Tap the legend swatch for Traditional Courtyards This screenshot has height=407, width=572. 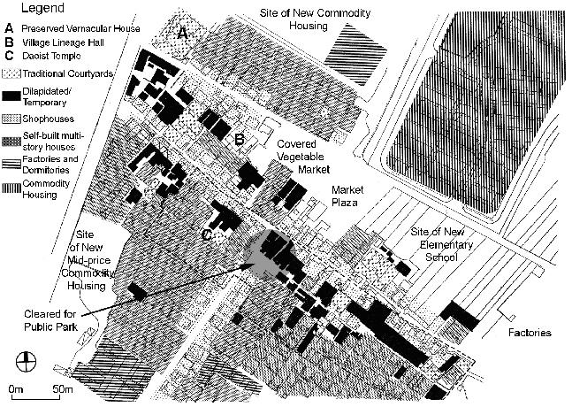[x=11, y=73]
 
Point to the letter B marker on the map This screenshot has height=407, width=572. [x=238, y=139]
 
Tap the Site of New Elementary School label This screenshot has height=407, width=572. [x=446, y=244]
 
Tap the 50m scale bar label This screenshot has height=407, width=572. [x=61, y=389]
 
